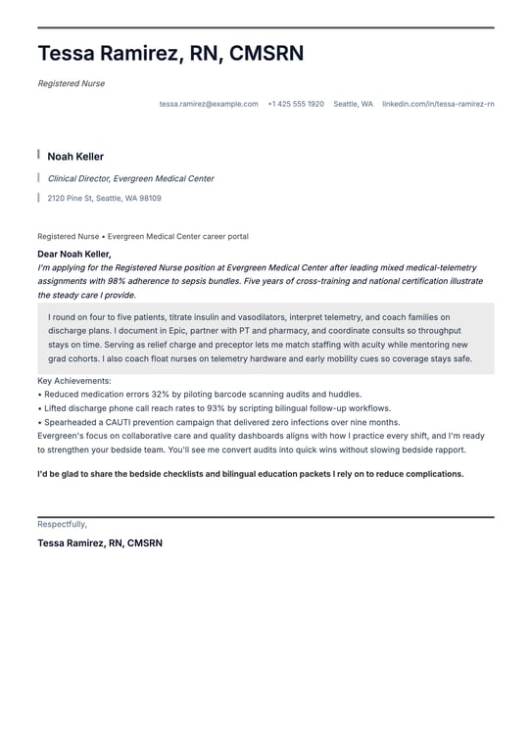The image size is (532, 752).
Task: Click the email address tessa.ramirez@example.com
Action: pyautogui.click(x=209, y=104)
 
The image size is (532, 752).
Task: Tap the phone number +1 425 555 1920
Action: pyautogui.click(x=296, y=104)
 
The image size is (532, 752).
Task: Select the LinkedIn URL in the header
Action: pyautogui.click(x=438, y=104)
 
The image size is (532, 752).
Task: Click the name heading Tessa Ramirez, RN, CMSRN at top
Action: pyautogui.click(x=170, y=54)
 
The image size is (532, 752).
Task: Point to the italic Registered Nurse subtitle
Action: pyautogui.click(x=71, y=84)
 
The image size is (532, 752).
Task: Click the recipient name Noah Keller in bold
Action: pyautogui.click(x=75, y=157)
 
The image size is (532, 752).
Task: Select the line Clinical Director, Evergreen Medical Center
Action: pyautogui.click(x=130, y=179)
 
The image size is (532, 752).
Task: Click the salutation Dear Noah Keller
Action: pyautogui.click(x=74, y=255)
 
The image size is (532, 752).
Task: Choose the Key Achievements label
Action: pyautogui.click(x=74, y=381)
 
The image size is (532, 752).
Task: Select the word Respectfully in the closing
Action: pyautogui.click(x=62, y=524)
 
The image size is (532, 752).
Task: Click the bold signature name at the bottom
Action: pyautogui.click(x=100, y=542)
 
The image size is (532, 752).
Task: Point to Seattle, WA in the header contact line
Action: pyautogui.click(x=353, y=104)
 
